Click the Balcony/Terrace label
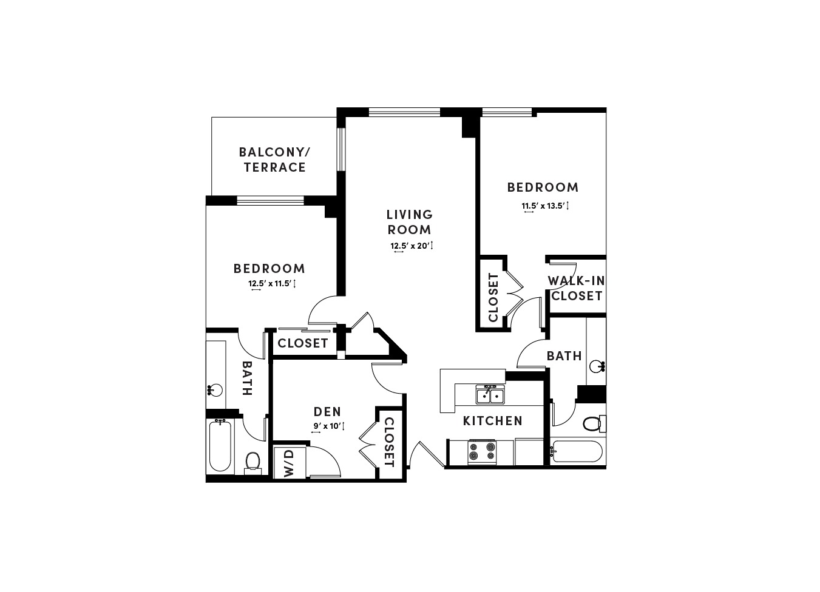click(x=274, y=160)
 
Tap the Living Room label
click(x=410, y=222)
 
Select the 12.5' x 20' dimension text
click(x=412, y=246)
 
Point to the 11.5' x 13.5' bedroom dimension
click(x=545, y=206)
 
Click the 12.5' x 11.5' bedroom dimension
click(x=272, y=283)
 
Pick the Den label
click(x=327, y=412)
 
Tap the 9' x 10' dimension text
click(x=328, y=426)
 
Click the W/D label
click(x=289, y=463)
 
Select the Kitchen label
click(x=492, y=421)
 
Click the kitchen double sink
click(x=490, y=395)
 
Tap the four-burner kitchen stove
click(x=481, y=452)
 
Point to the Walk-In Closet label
click(x=577, y=288)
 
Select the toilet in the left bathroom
click(x=252, y=462)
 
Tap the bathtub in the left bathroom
click(x=220, y=446)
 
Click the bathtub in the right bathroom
click(x=576, y=451)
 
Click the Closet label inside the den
click(x=389, y=443)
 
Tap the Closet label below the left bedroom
click(x=303, y=343)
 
